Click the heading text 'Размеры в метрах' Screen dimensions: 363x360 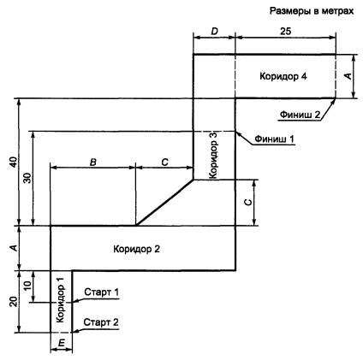click(312, 11)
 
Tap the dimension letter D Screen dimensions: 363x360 click(214, 31)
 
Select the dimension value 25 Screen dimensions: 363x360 click(285, 31)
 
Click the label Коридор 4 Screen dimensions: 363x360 click(283, 76)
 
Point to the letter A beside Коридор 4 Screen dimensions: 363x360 click(348, 76)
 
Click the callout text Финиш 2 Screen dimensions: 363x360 click(300, 115)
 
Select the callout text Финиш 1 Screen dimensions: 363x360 click(274, 139)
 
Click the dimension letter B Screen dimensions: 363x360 click(93, 162)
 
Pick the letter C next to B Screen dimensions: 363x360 click(164, 162)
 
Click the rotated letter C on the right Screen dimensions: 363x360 click(248, 202)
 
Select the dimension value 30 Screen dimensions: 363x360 click(28, 178)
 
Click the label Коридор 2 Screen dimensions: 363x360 click(136, 249)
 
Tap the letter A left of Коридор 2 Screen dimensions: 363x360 click(14, 248)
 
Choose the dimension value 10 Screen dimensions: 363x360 click(27, 286)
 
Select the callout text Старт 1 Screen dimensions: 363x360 click(101, 292)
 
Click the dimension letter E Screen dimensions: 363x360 click(62, 343)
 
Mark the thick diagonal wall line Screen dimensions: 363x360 click(164, 203)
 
